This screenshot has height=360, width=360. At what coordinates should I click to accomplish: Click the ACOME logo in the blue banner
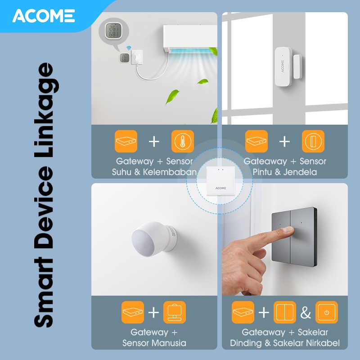[x=44, y=16]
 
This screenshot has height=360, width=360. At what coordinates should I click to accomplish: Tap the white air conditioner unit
[x=190, y=38]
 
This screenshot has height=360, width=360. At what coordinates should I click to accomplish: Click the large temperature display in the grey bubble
[x=113, y=31]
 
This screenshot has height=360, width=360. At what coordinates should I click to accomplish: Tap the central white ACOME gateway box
[x=220, y=181]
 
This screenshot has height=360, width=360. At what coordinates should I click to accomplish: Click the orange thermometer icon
[x=183, y=141]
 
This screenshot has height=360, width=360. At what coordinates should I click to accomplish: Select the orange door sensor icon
[x=313, y=141]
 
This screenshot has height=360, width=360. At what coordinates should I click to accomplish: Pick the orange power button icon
[x=327, y=312]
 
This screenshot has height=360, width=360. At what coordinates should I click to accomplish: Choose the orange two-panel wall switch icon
[x=285, y=312]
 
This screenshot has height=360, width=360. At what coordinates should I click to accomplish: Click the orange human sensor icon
[x=175, y=312]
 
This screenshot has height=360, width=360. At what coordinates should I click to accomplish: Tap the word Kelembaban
[x=170, y=172]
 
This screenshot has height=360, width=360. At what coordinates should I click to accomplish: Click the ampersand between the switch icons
[x=306, y=312]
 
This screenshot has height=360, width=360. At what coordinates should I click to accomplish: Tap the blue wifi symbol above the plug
[x=129, y=48]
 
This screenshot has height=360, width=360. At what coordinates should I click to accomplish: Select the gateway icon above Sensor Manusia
[x=133, y=312]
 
